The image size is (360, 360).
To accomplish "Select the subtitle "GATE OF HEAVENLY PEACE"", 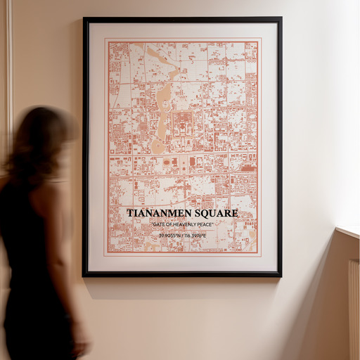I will coord(182,224).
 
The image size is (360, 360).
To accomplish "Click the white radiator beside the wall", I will coord(353,309).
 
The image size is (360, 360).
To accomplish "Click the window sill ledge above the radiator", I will coord(348,231).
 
